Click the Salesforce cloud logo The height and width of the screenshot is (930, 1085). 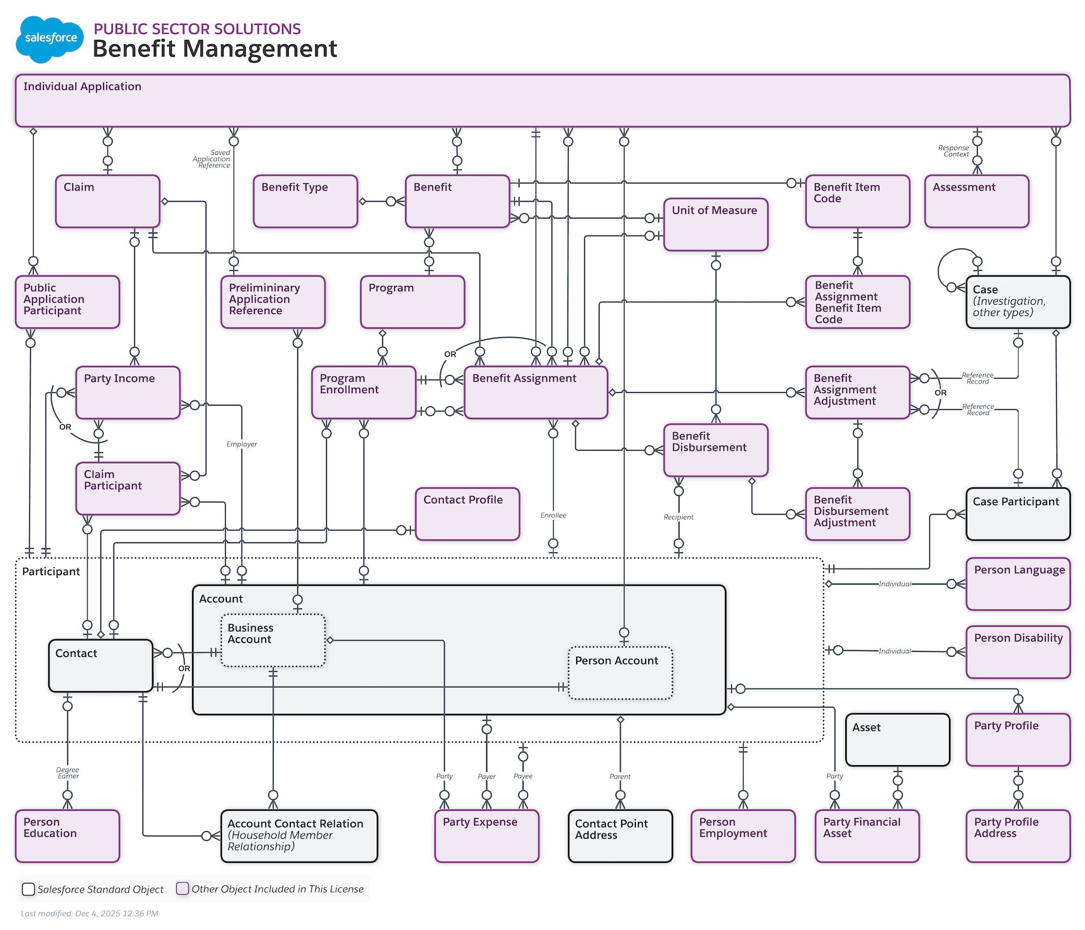pyautogui.click(x=49, y=39)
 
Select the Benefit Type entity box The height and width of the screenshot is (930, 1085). pyautogui.click(x=305, y=201)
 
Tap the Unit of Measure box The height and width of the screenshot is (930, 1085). pyautogui.click(x=716, y=225)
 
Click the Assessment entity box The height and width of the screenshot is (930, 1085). pyautogui.click(x=976, y=201)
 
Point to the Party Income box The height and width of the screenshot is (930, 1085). pyautogui.click(x=128, y=393)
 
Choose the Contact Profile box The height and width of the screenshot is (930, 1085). pyautogui.click(x=467, y=514)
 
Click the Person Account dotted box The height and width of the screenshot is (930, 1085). pyautogui.click(x=620, y=673)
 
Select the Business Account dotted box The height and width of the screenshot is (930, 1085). pyautogui.click(x=273, y=640)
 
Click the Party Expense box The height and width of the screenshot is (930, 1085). pyautogui.click(x=487, y=836)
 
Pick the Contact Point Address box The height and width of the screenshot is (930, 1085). pyautogui.click(x=620, y=836)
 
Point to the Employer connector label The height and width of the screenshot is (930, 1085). pyautogui.click(x=241, y=444)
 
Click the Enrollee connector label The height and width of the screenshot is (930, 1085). pyautogui.click(x=553, y=515)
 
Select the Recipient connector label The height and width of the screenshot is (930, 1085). pyautogui.click(x=678, y=517)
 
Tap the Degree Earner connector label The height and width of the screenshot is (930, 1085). pyautogui.click(x=68, y=773)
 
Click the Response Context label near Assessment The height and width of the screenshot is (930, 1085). pyautogui.click(x=954, y=151)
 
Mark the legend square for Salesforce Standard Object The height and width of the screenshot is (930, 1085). pyautogui.click(x=28, y=889)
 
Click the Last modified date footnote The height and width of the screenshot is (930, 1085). pyautogui.click(x=90, y=913)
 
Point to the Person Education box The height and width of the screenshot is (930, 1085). pyautogui.click(x=67, y=836)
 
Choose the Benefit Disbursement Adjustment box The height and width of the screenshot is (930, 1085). pyautogui.click(x=857, y=514)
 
